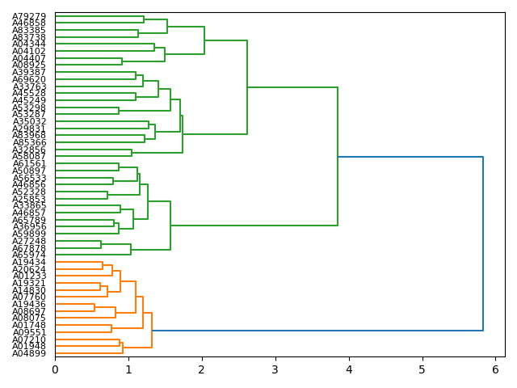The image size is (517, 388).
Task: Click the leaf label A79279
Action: [x=29, y=16]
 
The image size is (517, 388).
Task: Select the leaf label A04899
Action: [x=29, y=353]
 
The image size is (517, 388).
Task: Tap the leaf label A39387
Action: [x=29, y=73]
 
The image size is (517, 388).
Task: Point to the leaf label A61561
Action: [x=29, y=163]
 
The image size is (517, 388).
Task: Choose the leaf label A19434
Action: [x=29, y=262]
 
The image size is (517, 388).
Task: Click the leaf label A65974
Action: [x=29, y=255]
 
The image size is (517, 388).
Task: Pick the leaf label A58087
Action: [x=29, y=157]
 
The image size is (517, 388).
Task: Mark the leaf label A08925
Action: [x=29, y=65]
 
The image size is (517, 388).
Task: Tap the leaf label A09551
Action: [x=29, y=332]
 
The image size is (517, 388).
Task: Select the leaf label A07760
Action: [x=29, y=297]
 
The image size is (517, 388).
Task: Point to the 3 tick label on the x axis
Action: [x=275, y=369]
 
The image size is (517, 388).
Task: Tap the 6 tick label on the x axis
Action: [x=495, y=369]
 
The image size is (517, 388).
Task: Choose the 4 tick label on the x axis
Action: [x=349, y=369]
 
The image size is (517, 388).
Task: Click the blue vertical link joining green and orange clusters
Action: [x=483, y=243]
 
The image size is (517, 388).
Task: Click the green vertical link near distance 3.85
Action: [x=338, y=156]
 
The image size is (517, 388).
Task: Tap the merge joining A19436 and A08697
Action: [x=95, y=307]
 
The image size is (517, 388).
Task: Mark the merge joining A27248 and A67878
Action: [x=101, y=244]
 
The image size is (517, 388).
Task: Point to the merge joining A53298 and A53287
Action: [x=119, y=111]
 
